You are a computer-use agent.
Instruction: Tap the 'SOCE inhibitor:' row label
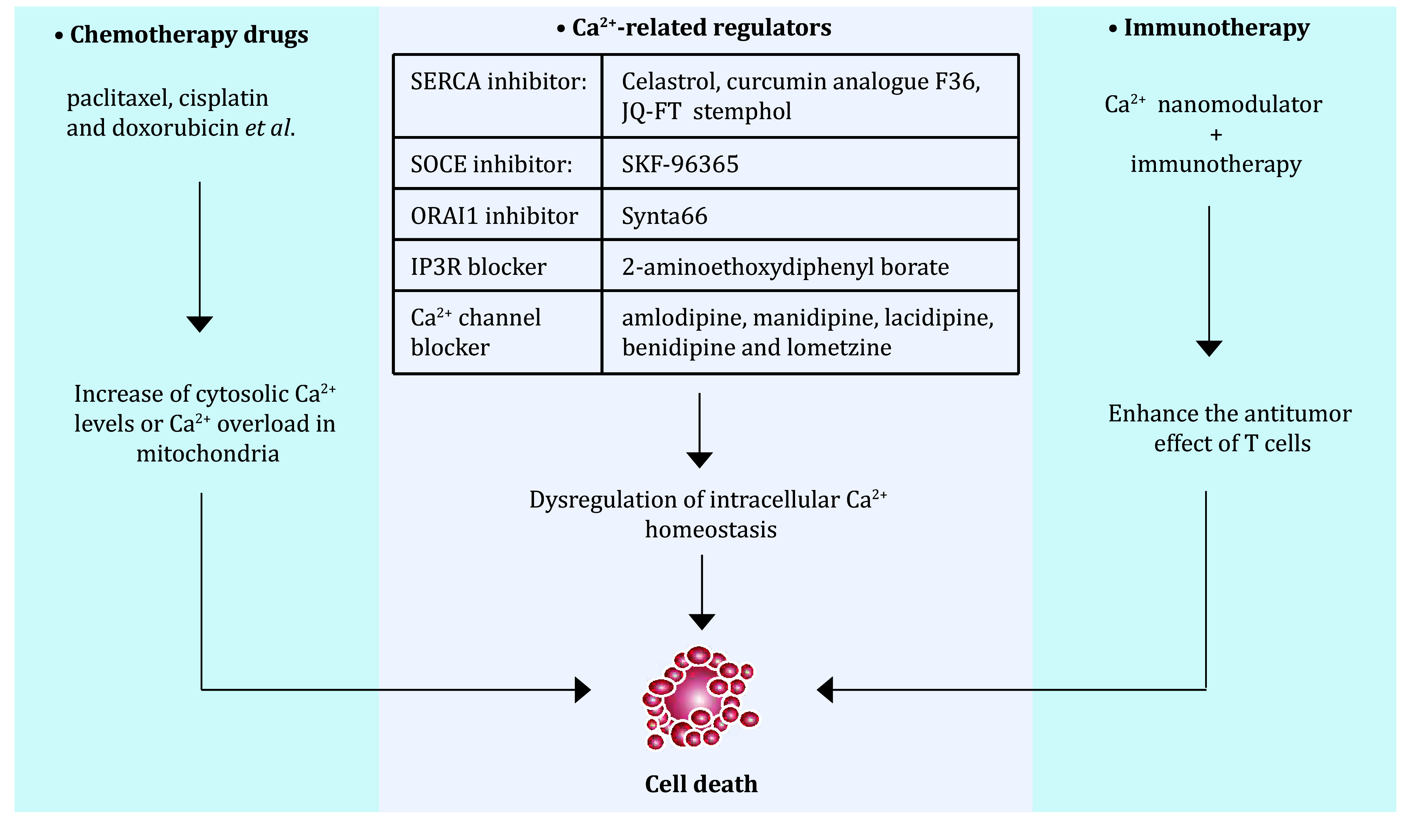tap(491, 164)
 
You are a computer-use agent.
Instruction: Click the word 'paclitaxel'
tap(119, 98)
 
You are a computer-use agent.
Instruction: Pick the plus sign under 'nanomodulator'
tap(1216, 135)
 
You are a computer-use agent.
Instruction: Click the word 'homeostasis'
tap(710, 529)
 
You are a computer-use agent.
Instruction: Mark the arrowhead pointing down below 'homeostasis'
tap(702, 622)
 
